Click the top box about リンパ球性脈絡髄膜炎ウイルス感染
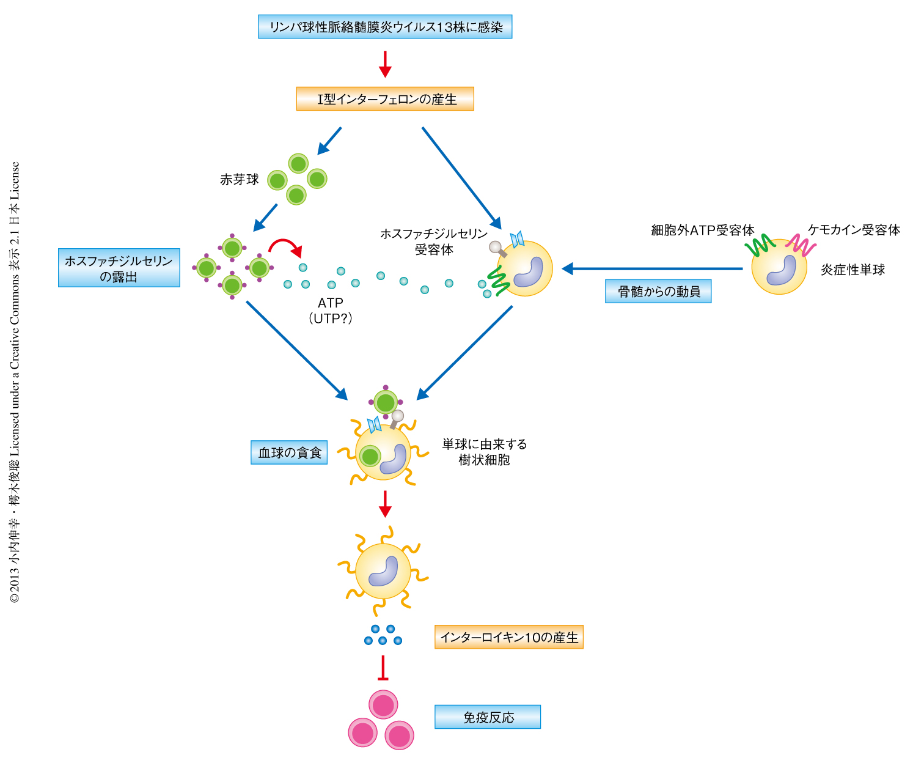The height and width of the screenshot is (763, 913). coord(385,27)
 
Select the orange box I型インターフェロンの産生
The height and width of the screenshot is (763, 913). coord(385,99)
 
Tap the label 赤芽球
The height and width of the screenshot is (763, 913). coord(239,180)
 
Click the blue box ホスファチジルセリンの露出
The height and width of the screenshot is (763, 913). coord(119,268)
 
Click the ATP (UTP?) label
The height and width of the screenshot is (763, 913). coord(331,311)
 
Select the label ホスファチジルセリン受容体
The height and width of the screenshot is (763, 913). coord(434,241)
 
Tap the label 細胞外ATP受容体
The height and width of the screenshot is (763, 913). coord(703,230)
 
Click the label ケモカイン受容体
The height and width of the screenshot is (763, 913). coord(854,230)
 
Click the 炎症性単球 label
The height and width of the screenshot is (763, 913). coord(853,270)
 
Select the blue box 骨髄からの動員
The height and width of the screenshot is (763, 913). coord(658,292)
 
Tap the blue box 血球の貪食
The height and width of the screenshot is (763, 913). coord(289,453)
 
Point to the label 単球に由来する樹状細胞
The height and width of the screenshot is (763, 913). coord(485,452)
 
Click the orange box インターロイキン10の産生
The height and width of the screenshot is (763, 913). coord(509,637)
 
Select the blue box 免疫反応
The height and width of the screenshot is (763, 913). coord(488,717)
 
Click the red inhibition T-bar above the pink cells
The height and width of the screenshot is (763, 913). coord(383,668)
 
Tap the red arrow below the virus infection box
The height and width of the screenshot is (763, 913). coord(385,64)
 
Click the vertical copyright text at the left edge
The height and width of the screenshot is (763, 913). coord(15,382)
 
